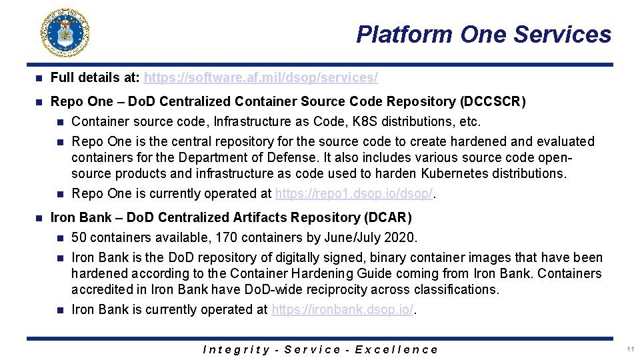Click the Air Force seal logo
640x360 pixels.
click(x=65, y=33)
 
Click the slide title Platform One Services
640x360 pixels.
click(x=483, y=34)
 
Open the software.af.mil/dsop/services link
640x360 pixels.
click(x=261, y=78)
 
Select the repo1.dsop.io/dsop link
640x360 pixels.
click(x=354, y=194)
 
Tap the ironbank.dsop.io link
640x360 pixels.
click(x=343, y=310)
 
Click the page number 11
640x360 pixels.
click(x=629, y=349)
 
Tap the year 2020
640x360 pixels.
click(x=403, y=238)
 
